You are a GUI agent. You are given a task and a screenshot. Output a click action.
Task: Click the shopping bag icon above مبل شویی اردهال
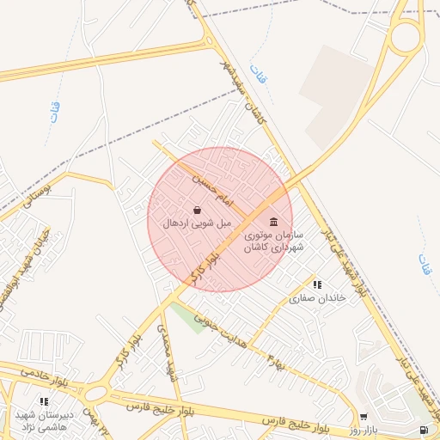pyautogui.click(x=198, y=210)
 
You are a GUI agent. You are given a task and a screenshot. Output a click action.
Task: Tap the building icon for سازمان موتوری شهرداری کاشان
pyautogui.click(x=274, y=220)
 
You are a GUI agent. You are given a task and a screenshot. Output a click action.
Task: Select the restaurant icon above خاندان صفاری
pyautogui.click(x=317, y=284)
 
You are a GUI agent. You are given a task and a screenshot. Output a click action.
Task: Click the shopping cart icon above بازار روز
pyautogui.click(x=364, y=417)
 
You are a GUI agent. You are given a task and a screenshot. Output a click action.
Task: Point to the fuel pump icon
pyautogui.click(x=424, y=430)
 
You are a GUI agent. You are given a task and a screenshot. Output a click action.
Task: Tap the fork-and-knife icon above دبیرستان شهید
pyautogui.click(x=44, y=401)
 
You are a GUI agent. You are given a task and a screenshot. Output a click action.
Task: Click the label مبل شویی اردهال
pyautogui.click(x=198, y=223)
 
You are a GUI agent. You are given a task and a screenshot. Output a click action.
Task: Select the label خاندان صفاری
pyautogui.click(x=317, y=298)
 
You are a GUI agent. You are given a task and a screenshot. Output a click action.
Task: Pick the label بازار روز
pyautogui.click(x=364, y=430)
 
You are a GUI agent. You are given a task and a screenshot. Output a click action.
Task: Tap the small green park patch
pyautogui.click(x=190, y=316)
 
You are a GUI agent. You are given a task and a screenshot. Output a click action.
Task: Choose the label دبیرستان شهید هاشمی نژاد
pyautogui.click(x=44, y=421)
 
